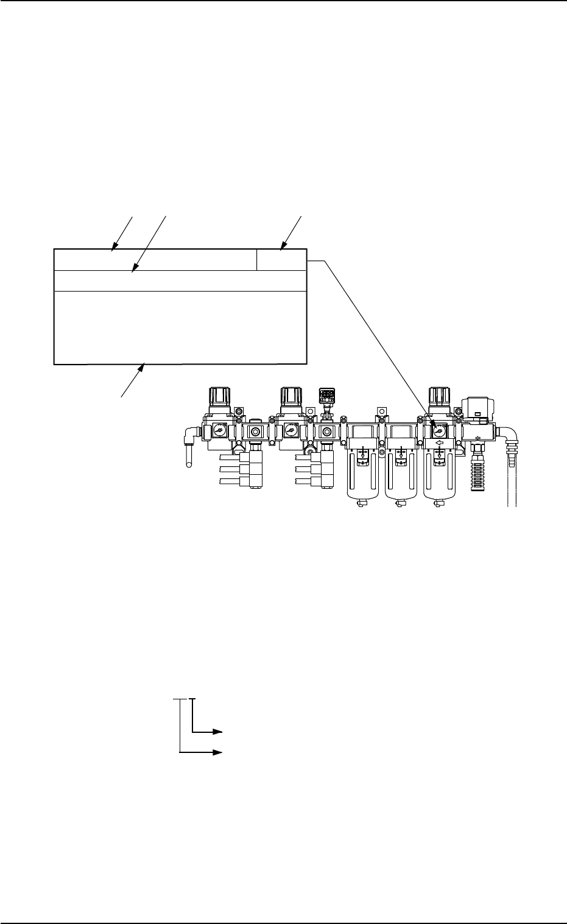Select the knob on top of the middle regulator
[x=289, y=397]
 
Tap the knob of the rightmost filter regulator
[x=438, y=397]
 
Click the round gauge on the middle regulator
[x=289, y=429]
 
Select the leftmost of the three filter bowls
[x=362, y=481]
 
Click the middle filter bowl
[x=400, y=481]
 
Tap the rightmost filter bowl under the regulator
[x=438, y=481]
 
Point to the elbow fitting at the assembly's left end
[x=190, y=433]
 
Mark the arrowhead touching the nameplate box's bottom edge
[x=144, y=366]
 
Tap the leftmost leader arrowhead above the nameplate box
[x=114, y=247]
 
